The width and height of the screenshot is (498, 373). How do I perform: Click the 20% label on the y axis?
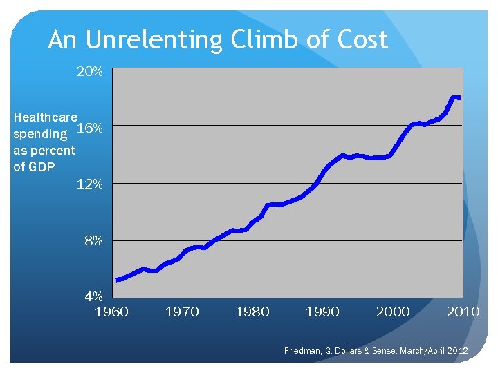(90, 71)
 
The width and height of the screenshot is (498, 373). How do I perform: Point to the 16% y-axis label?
(90, 128)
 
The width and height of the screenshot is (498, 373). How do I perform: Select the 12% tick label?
(90, 184)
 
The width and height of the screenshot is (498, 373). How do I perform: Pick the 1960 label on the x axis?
(111, 312)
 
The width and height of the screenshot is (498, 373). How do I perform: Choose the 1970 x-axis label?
(182, 312)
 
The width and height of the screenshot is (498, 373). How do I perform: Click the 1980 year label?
(252, 312)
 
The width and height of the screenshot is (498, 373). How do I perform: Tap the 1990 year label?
(322, 312)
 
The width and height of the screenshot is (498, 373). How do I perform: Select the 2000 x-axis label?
(393, 312)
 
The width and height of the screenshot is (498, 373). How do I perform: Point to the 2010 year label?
(463, 312)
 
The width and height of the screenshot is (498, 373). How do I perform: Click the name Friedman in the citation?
(303, 352)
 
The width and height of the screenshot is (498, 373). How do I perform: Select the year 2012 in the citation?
(456, 352)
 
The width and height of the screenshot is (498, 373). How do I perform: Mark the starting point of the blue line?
(117, 280)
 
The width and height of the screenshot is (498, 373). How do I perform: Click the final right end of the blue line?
(459, 97)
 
